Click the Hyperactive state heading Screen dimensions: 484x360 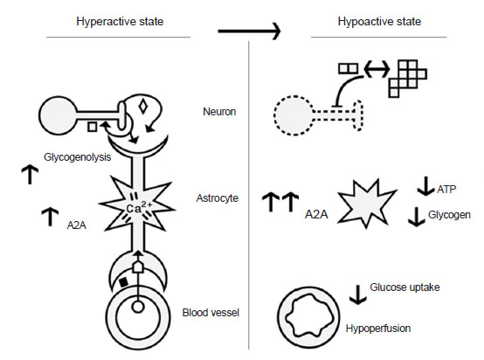tap(120, 22)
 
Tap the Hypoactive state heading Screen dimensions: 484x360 tap(379, 22)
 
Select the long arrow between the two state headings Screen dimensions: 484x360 tap(249, 31)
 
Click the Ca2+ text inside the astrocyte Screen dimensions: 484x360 tap(139, 207)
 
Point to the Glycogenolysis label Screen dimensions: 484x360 tap(77, 157)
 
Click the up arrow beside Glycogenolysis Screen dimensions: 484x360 tap(30, 175)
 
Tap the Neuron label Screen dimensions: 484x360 tap(219, 112)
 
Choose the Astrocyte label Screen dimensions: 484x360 tap(218, 197)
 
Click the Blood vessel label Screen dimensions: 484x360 tap(211, 313)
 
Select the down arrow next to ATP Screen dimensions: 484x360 tap(426, 186)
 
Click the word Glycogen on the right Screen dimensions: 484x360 tap(449, 215)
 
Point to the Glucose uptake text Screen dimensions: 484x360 tap(404, 287)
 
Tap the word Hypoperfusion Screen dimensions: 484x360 tap(378, 329)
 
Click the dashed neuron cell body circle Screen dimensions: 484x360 tap(274, 115)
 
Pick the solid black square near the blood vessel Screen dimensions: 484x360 tap(123, 282)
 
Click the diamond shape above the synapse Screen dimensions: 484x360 tap(143, 107)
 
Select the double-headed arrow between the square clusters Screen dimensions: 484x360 tap(377, 69)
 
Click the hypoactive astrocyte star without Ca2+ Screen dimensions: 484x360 tap(366, 204)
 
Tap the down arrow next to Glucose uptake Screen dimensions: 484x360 tap(358, 294)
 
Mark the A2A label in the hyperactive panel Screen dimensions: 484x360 tap(77, 225)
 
